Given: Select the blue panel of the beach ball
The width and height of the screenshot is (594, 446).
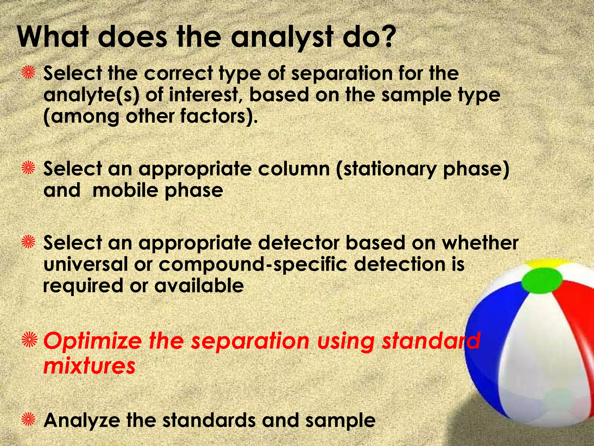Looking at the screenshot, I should [493, 343].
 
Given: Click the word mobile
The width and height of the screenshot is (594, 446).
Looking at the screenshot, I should [125, 191].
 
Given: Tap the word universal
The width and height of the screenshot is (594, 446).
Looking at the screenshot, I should [85, 265].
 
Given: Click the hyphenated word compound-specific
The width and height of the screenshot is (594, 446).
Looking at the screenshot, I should [253, 265].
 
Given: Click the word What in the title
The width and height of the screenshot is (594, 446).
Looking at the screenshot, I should [52, 38].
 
